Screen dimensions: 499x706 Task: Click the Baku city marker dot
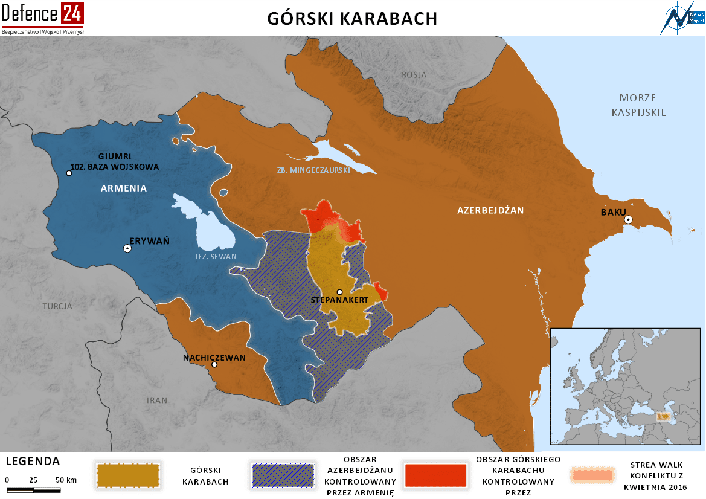pyautogui.click(x=629, y=219)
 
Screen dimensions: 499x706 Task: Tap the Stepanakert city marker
pyautogui.click(x=339, y=292)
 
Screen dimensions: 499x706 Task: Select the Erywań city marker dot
pyautogui.click(x=127, y=248)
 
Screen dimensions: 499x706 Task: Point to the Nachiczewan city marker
pyautogui.click(x=214, y=364)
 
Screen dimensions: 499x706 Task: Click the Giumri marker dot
pyautogui.click(x=69, y=173)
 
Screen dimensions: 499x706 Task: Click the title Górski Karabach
pyautogui.click(x=352, y=19)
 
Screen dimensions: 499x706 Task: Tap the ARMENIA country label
pyautogui.click(x=123, y=188)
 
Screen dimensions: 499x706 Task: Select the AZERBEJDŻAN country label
pyautogui.click(x=490, y=210)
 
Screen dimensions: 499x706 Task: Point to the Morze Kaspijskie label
pyautogui.click(x=638, y=105)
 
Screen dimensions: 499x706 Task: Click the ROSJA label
pyautogui.click(x=414, y=75)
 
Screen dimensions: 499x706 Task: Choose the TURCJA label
pyautogui.click(x=57, y=306)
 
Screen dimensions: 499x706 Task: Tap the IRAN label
pyautogui.click(x=157, y=400)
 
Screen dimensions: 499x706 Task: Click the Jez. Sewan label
pyautogui.click(x=216, y=257)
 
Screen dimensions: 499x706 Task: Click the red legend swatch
pyautogui.click(x=436, y=475)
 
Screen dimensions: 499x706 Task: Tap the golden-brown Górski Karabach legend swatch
pyautogui.click(x=128, y=475)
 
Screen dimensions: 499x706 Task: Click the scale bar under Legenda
pyautogui.click(x=35, y=488)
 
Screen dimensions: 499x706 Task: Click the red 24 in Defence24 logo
pyautogui.click(x=72, y=13)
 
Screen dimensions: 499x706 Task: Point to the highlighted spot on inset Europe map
pyautogui.click(x=663, y=417)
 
